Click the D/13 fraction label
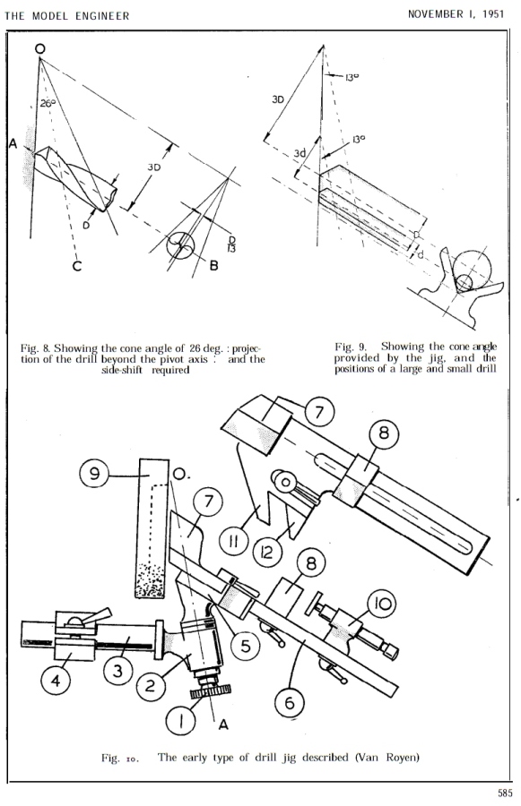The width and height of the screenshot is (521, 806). [x=234, y=245]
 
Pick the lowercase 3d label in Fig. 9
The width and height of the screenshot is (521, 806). [x=301, y=154]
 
